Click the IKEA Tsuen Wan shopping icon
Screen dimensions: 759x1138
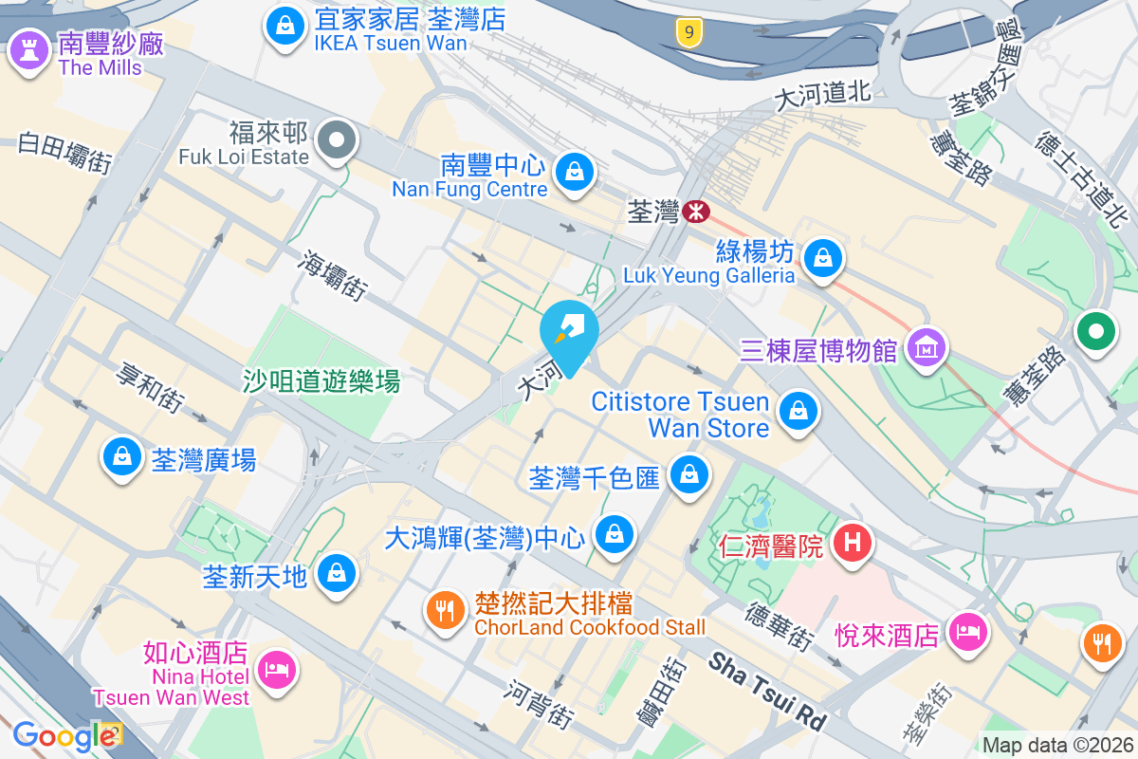(284, 28)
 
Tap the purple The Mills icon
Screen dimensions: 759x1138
(27, 51)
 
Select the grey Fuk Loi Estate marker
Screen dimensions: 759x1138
(336, 142)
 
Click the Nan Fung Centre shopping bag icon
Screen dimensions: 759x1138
(574, 173)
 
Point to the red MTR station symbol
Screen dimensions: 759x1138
(696, 212)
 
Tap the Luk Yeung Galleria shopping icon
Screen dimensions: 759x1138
(823, 257)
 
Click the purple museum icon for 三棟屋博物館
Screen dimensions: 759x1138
(926, 348)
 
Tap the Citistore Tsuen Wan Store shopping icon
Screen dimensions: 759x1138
(798, 412)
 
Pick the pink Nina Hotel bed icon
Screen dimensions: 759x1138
(277, 670)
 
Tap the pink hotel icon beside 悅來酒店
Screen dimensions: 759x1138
(966, 632)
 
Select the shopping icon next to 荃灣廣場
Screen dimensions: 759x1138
(121, 457)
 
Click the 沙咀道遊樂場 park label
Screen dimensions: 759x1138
(321, 382)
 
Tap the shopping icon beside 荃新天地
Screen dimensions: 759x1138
(336, 573)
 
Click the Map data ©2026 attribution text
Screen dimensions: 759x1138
(1056, 746)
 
